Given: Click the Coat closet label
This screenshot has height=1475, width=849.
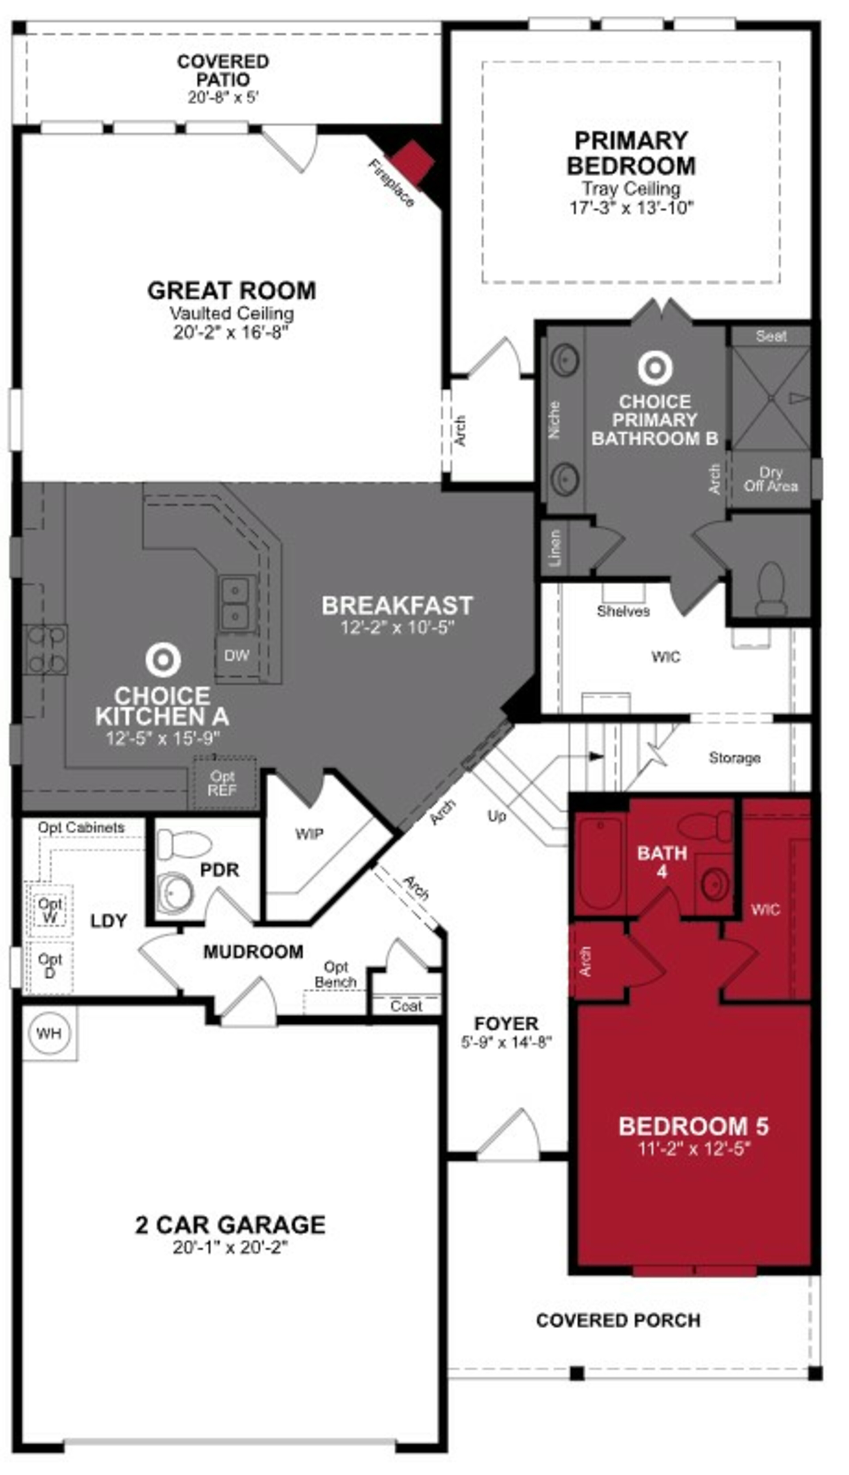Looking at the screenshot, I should click(x=406, y=1006).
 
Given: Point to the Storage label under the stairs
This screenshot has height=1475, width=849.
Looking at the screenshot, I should click(x=734, y=758).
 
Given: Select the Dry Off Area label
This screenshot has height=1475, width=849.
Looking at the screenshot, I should click(x=770, y=480).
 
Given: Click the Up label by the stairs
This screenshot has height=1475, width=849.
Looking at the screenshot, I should click(x=497, y=816).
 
